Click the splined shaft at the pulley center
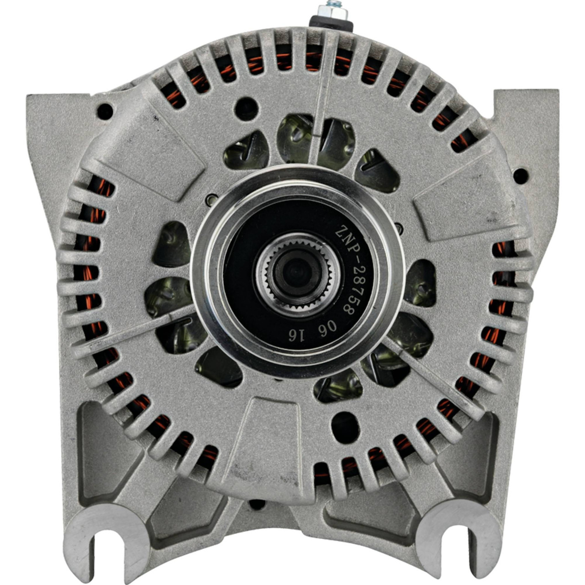tap(298, 271)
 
